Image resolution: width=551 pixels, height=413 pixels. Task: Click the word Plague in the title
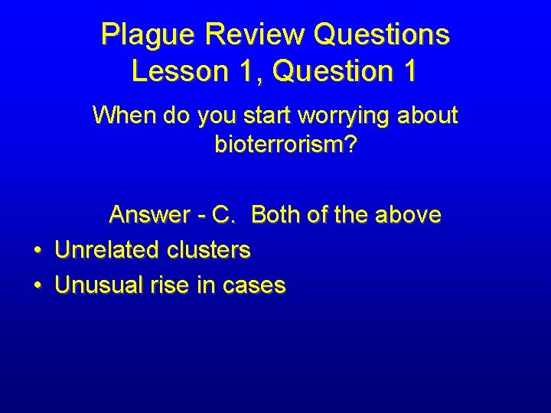(143, 35)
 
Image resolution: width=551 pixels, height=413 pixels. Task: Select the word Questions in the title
(381, 35)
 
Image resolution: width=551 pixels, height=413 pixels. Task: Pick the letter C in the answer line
(223, 215)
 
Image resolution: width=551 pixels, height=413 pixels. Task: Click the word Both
(275, 215)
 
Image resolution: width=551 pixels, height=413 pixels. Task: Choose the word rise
(171, 286)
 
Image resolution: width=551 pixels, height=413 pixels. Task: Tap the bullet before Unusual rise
(37, 287)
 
